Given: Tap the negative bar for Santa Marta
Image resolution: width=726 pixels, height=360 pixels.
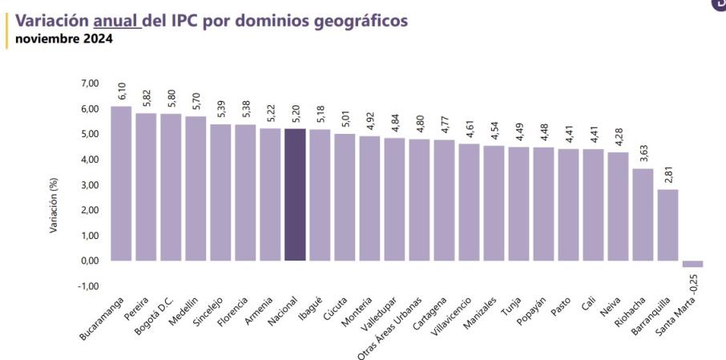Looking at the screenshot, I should click(692, 264).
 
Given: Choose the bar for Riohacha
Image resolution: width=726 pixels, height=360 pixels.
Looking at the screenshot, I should click(643, 214).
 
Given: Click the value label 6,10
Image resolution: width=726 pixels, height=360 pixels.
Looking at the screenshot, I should click(123, 91).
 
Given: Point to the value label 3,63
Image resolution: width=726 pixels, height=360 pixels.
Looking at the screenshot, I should click(643, 153).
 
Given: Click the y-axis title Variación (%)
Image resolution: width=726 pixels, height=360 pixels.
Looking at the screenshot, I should click(54, 205).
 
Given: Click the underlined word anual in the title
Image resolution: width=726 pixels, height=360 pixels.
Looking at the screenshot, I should click(116, 19).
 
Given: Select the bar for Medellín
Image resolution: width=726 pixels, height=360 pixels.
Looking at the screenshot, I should click(196, 188).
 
